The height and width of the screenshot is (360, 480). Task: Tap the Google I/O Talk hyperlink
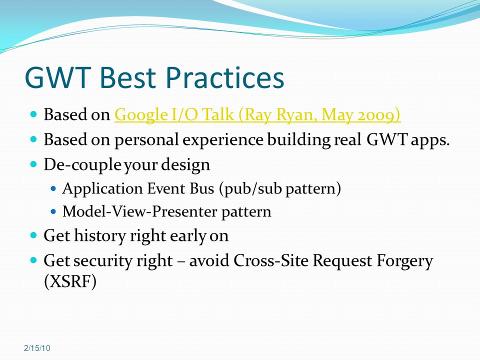coord(257,115)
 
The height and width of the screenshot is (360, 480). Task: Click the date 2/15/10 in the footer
coord(37,348)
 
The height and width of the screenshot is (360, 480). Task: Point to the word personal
coord(146,140)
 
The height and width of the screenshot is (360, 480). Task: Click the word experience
coord(223,140)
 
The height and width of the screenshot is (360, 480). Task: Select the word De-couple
coord(82,165)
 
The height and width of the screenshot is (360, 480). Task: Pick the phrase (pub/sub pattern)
coord(280,188)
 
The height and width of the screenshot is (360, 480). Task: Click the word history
coord(100,236)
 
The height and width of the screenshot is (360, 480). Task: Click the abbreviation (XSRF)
coord(70,281)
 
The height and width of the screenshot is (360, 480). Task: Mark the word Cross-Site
coord(272,260)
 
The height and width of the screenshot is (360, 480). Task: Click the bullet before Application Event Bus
coord(53,188)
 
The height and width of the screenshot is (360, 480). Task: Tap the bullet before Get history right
coord(33,235)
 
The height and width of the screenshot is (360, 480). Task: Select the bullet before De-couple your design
coord(33,164)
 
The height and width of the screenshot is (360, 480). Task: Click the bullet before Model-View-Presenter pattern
coord(53,211)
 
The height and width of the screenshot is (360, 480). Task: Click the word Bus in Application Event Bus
coord(202,188)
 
